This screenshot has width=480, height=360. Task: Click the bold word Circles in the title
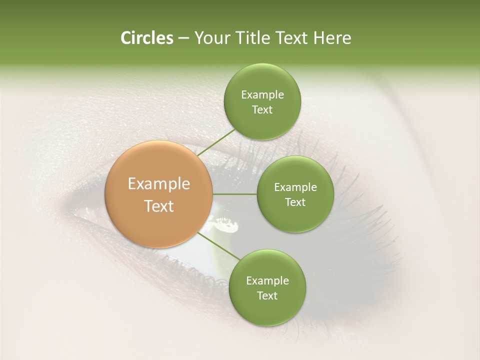pyautogui.click(x=146, y=38)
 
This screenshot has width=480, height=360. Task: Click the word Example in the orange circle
pyautogui.click(x=159, y=184)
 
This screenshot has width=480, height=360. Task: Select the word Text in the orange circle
pyautogui.click(x=159, y=206)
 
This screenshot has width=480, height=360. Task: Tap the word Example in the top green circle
pyautogui.click(x=262, y=95)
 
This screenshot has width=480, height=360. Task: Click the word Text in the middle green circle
pyautogui.click(x=295, y=202)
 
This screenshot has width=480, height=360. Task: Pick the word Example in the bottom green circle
pyautogui.click(x=267, y=281)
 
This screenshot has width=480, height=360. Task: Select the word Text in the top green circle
pyautogui.click(x=262, y=110)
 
